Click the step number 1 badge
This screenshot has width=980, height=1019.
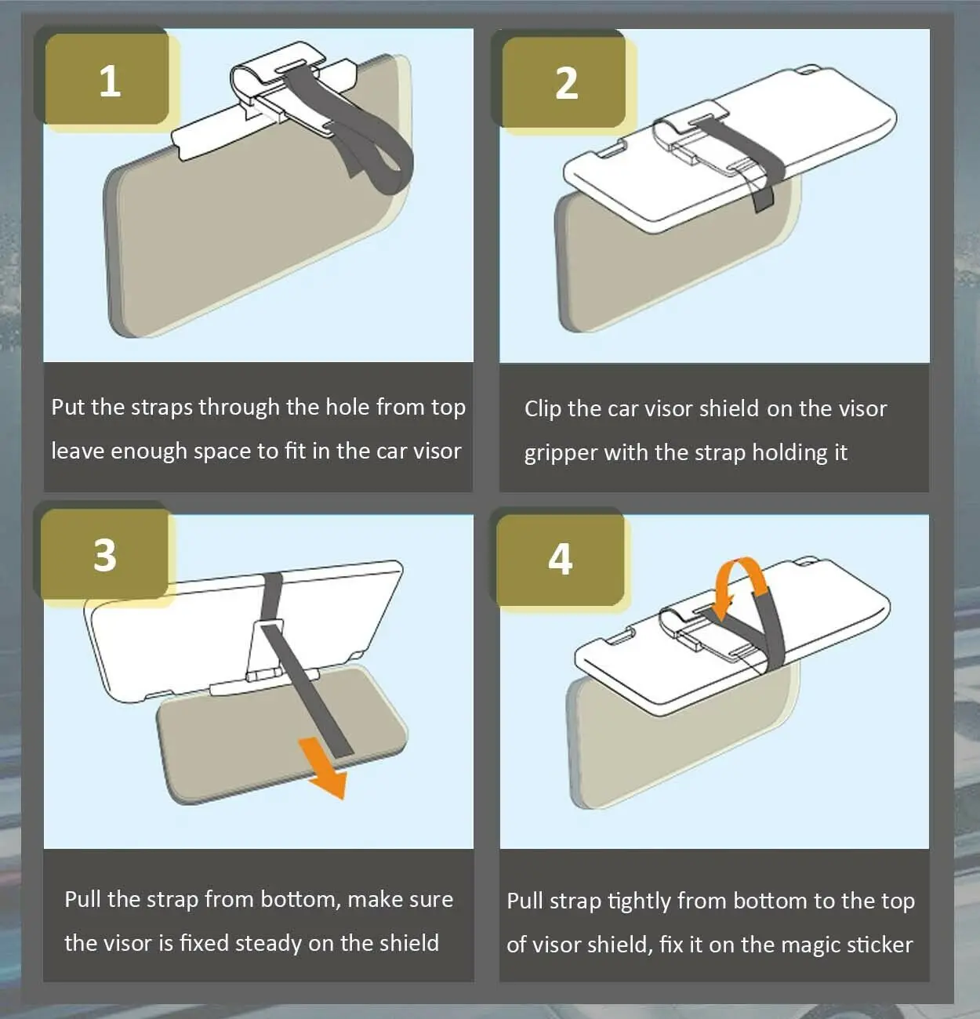click(x=107, y=79)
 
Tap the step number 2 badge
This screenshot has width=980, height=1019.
click(x=564, y=82)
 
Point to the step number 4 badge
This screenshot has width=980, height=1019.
click(x=560, y=560)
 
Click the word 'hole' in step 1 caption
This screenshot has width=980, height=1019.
click(x=347, y=407)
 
